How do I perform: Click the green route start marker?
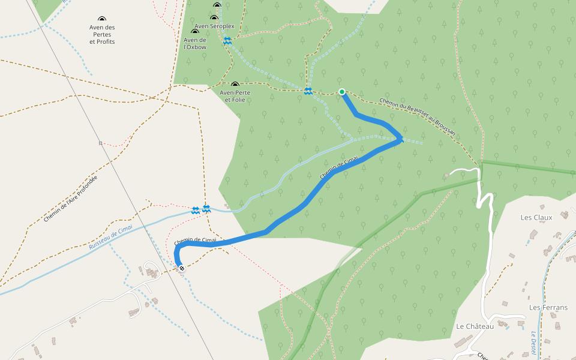click(341, 92)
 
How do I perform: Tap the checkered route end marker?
click(181, 268)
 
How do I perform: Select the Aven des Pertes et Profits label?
click(102, 35)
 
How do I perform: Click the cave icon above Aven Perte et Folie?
click(235, 85)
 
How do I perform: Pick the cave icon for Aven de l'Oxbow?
click(194, 32)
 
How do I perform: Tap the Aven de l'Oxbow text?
click(195, 43)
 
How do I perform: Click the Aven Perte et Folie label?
click(235, 96)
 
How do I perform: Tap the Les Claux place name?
click(536, 218)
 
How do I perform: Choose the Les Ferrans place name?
click(548, 308)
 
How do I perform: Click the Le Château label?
click(475, 326)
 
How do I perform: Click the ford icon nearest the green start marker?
click(308, 91)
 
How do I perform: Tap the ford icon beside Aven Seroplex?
click(227, 41)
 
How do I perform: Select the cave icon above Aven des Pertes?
click(102, 19)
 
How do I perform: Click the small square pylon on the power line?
click(100, 143)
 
